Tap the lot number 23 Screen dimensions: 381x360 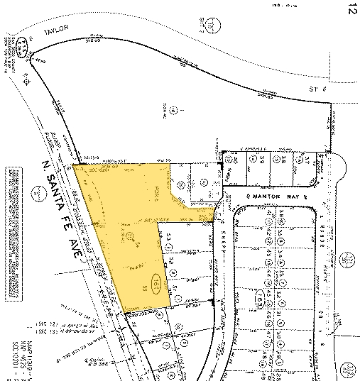pyautogui.click(x=170, y=239)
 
